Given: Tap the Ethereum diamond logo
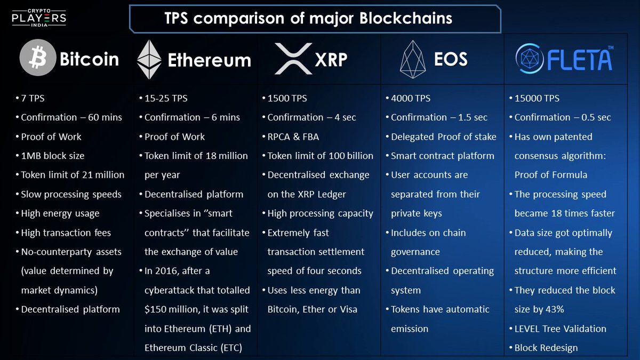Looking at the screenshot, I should tap(149, 59).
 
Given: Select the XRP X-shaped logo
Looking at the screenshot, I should tap(293, 59).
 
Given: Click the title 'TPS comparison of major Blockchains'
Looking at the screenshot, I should tap(308, 19).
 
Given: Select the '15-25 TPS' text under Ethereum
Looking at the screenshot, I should tap(166, 98).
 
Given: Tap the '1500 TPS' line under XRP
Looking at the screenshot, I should tap(287, 98).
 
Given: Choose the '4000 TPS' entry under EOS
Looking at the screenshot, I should tap(411, 98).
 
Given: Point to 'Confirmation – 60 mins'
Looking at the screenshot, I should tap(71, 117).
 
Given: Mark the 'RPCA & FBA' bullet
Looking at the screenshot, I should tap(293, 137).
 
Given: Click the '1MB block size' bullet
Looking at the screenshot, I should tap(52, 156).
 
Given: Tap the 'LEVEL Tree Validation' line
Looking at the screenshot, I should tap(560, 329).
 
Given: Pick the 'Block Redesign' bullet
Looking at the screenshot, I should tap(546, 348).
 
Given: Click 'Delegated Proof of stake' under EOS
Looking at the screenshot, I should tap(443, 137).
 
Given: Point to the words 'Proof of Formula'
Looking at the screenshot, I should tap(551, 175).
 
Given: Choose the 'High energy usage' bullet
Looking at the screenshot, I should tap(60, 213).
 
